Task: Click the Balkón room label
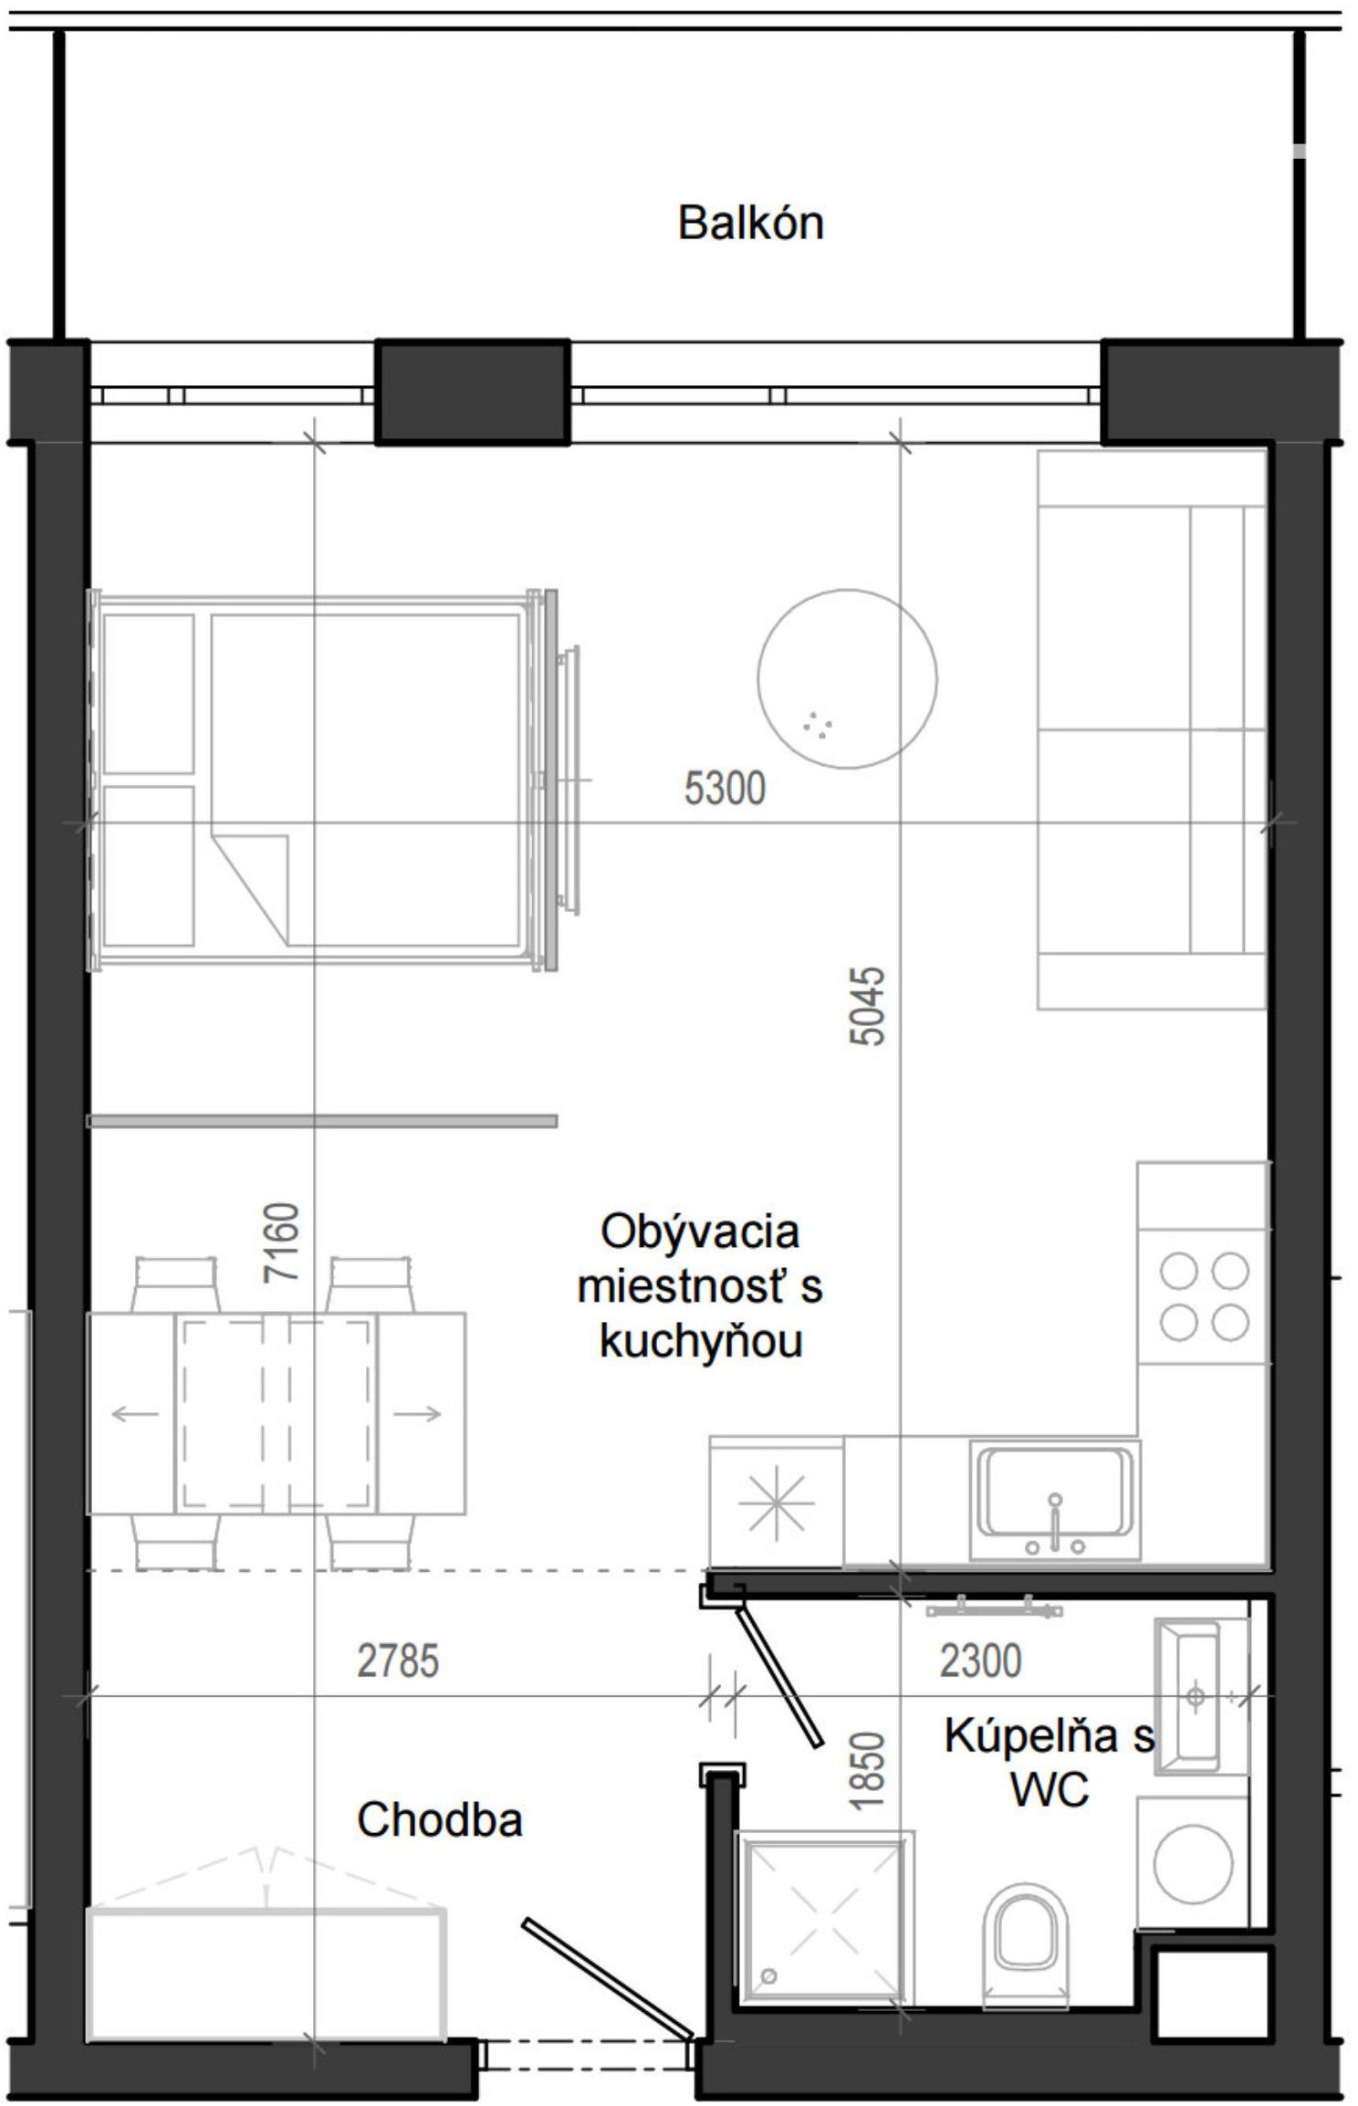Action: point(750,223)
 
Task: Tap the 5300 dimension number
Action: point(725,789)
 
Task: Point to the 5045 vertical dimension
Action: point(867,1005)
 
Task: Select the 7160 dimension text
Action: point(280,1242)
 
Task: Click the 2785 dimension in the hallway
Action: point(398,1661)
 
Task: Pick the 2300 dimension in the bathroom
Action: point(980,1661)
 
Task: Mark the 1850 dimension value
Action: point(867,1770)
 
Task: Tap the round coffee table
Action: point(847,678)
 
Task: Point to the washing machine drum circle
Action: point(1193,1862)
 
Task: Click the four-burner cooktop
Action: point(1204,1296)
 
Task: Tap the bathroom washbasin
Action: point(1196,1696)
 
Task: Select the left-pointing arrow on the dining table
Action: point(135,1414)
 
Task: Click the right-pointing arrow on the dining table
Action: point(417,1414)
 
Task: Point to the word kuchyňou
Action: point(701,1341)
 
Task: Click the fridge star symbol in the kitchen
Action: point(776,1502)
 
